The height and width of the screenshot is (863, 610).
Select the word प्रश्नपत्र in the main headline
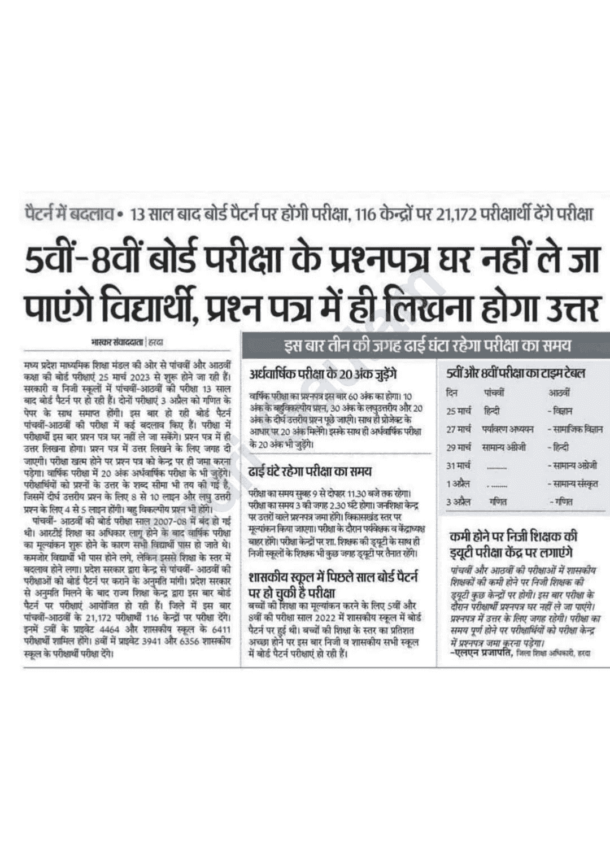[382, 261]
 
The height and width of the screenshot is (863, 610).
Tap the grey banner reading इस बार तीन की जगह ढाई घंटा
[426, 345]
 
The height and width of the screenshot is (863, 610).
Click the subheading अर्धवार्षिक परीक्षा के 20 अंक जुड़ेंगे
[324, 374]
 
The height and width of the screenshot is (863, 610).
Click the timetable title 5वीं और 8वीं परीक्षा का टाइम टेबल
[515, 373]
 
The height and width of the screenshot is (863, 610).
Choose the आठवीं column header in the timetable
[559, 393]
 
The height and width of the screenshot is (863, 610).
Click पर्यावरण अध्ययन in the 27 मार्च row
[508, 429]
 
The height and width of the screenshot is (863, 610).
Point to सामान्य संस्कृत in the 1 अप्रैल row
[576, 483]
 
